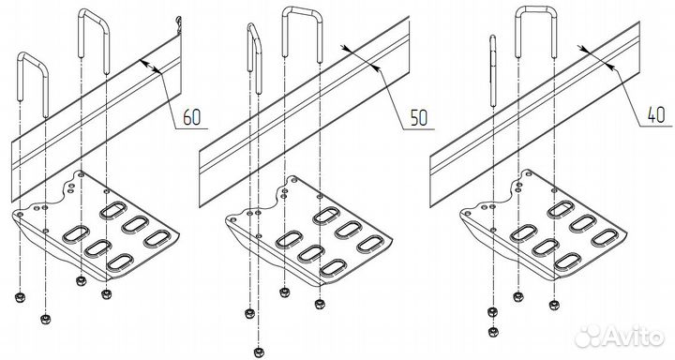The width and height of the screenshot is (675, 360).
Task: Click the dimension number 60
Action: tap(191, 117)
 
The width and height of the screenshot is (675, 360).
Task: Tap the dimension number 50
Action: tap(418, 117)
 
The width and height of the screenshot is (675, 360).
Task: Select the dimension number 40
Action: tap(656, 115)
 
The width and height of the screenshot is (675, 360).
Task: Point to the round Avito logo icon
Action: tap(590, 336)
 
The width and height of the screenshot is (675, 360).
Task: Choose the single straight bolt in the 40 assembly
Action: tap(493, 70)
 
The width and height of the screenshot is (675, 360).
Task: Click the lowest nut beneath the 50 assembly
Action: tap(259, 352)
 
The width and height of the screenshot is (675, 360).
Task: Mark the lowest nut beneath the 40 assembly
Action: tap(494, 332)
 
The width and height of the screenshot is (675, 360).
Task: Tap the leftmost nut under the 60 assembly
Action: tap(19, 297)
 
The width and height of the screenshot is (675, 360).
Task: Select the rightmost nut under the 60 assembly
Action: tap(106, 294)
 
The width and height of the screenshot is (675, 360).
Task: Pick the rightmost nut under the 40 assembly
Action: tap(554, 306)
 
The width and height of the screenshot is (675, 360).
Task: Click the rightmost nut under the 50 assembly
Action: tap(320, 304)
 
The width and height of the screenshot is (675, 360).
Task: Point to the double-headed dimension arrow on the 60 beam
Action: tap(150, 67)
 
